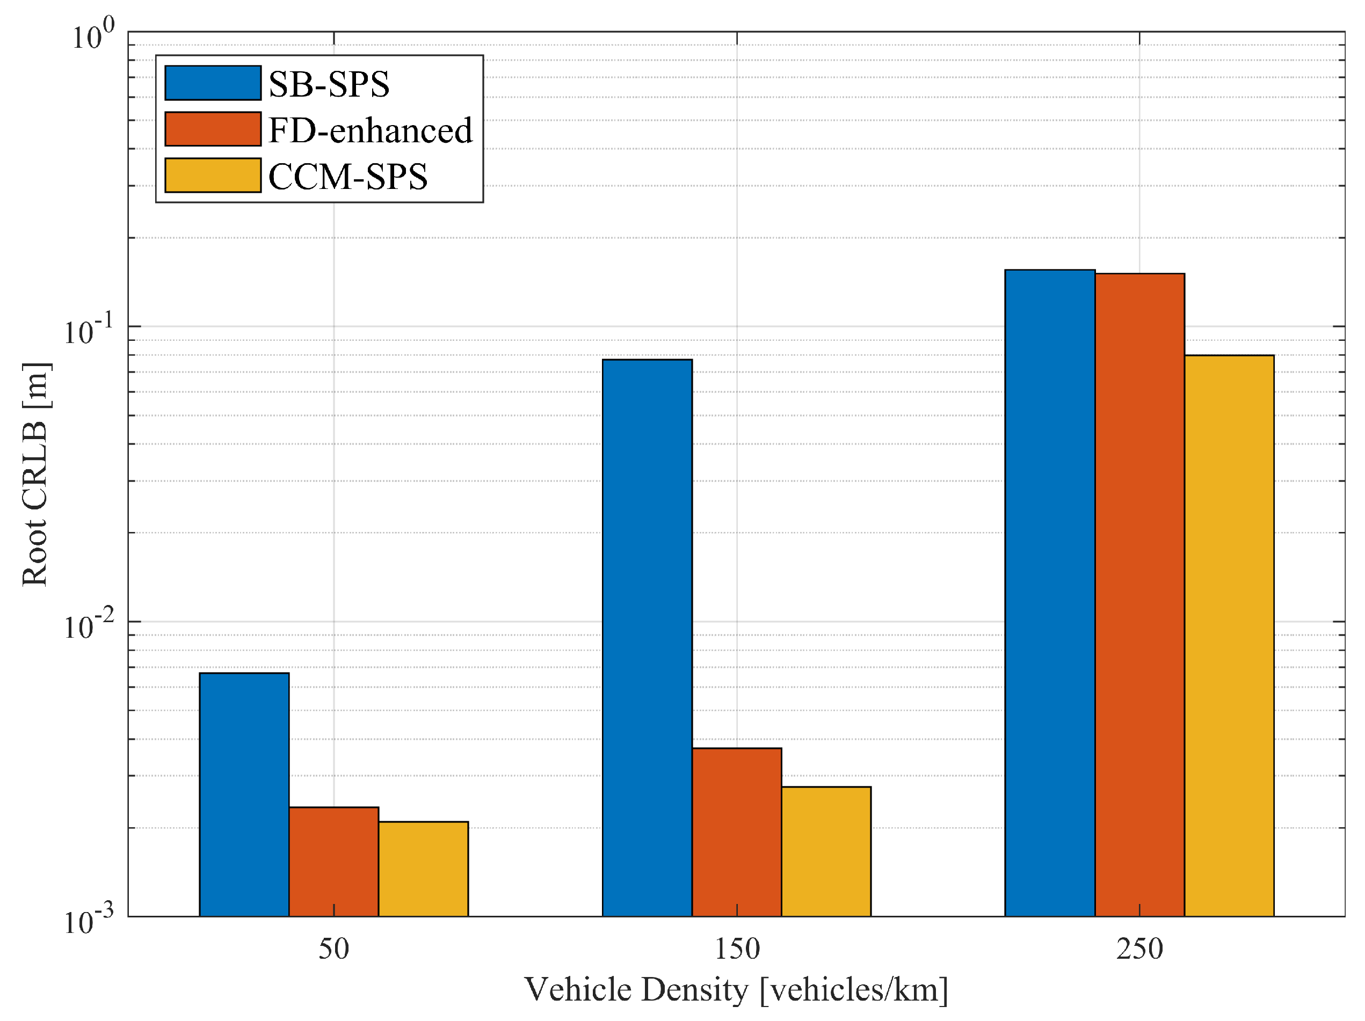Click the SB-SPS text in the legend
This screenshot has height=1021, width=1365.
(329, 84)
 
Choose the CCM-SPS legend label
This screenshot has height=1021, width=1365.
(347, 177)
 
